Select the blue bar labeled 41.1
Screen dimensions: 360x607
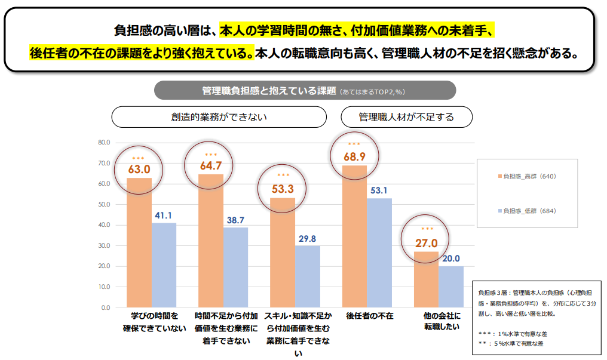tap(164, 265)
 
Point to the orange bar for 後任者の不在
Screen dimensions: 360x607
tap(354, 236)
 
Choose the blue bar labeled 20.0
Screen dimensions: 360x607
tap(451, 287)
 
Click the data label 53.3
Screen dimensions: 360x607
tap(283, 189)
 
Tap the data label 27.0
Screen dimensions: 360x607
tap(427, 243)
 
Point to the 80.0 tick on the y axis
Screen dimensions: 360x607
tap(104, 143)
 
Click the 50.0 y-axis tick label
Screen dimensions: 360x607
tap(104, 204)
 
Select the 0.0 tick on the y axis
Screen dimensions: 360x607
tap(106, 307)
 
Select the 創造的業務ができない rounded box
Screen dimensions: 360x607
tap(219, 117)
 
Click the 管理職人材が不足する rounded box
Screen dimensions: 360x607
tap(406, 117)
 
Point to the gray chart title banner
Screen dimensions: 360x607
tap(305, 91)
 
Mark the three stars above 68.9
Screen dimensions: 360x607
tap(354, 144)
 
